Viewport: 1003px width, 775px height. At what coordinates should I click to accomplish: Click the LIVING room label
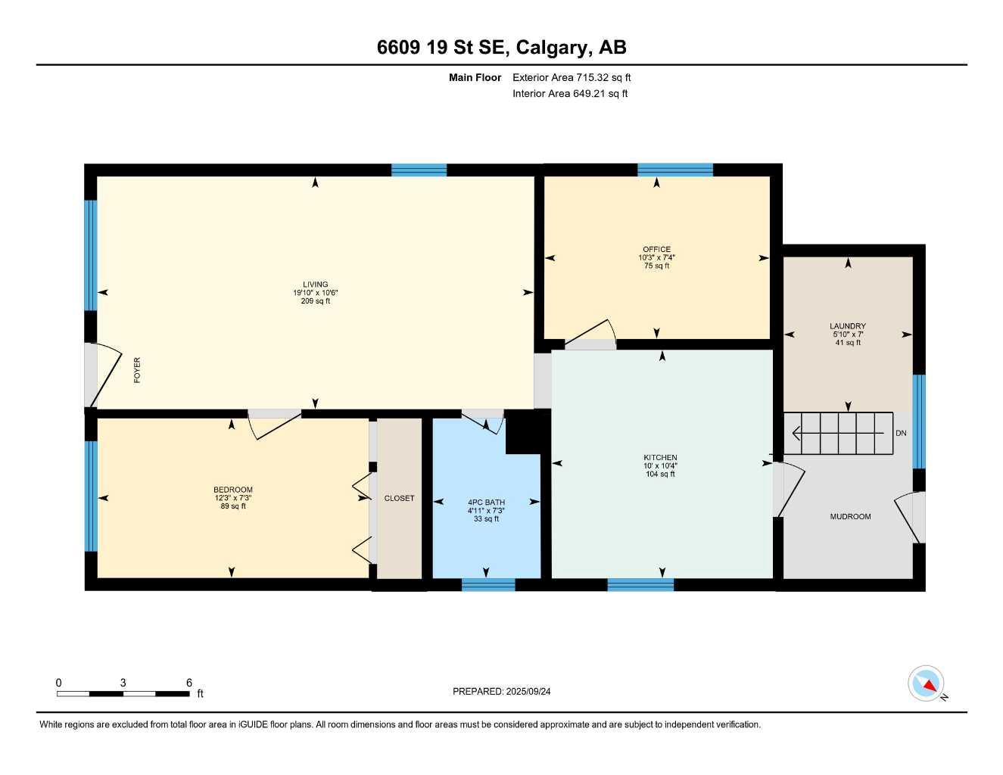click(316, 285)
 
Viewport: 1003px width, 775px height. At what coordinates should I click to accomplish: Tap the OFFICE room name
click(656, 249)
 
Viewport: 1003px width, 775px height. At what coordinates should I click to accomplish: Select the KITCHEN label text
click(660, 457)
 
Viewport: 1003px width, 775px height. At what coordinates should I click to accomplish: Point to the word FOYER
click(137, 370)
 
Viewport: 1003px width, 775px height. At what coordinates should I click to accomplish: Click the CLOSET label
click(399, 498)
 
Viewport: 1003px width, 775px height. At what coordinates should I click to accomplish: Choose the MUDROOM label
click(850, 516)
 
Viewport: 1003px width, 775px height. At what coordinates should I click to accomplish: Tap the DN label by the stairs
click(901, 433)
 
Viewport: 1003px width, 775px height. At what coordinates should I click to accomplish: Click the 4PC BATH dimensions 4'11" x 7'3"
click(486, 511)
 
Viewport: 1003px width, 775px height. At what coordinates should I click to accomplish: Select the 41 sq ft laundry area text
click(848, 343)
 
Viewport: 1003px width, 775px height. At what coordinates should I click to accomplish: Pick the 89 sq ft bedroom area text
click(233, 506)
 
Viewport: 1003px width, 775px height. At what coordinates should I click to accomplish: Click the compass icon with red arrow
click(927, 683)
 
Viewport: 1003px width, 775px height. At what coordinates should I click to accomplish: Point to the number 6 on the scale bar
click(188, 682)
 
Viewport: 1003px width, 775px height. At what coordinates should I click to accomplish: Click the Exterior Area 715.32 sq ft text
click(572, 77)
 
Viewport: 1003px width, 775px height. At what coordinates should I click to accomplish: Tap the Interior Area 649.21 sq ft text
click(570, 94)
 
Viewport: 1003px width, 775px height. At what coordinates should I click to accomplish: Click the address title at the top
click(501, 48)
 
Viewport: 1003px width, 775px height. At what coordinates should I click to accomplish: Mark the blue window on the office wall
click(674, 170)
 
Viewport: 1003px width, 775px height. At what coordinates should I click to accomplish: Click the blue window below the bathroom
click(488, 584)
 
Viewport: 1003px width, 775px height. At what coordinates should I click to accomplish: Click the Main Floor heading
click(475, 77)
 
